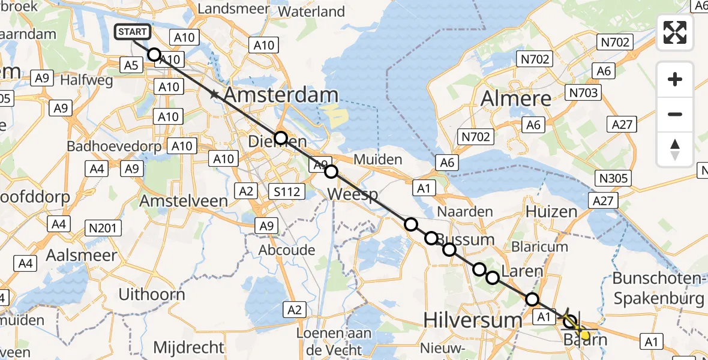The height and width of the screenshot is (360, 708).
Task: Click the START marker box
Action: [x=133, y=32]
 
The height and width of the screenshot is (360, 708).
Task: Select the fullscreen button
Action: [x=675, y=32]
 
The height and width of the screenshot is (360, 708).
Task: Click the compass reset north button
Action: [x=675, y=149]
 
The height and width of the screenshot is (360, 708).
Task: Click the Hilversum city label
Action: [x=473, y=320]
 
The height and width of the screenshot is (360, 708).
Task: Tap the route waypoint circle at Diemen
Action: [x=281, y=138]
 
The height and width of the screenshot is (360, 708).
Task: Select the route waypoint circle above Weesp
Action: [x=331, y=172]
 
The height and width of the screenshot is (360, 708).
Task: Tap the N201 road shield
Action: [x=104, y=228]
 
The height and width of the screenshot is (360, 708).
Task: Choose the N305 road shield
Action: [x=613, y=178]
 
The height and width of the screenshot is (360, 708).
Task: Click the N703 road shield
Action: [x=582, y=92]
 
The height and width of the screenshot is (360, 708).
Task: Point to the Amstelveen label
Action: [x=184, y=201]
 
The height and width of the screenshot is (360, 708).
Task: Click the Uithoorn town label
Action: [x=152, y=295]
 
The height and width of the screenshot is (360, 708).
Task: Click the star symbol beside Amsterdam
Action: [x=214, y=94]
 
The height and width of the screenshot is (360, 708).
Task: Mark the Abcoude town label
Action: [x=286, y=250]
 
